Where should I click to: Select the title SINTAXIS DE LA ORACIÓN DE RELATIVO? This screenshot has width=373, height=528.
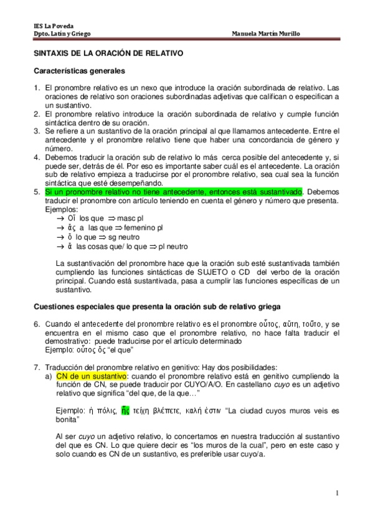(108, 54)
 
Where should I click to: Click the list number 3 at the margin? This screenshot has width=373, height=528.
(36, 131)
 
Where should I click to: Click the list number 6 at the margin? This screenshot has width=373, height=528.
(36, 324)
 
